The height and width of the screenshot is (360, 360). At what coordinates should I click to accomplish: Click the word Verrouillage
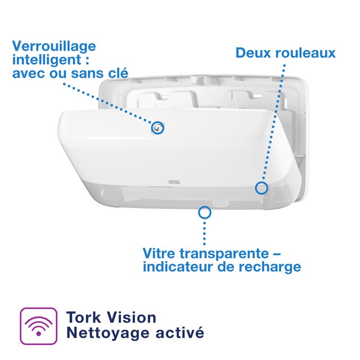tap(54, 46)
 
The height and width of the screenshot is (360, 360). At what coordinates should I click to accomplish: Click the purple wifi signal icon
tap(39, 326)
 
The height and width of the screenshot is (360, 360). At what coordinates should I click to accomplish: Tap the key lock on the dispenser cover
tap(158, 128)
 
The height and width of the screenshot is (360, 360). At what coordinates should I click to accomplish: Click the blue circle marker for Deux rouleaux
tap(262, 187)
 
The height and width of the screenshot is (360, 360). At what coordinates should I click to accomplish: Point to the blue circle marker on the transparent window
tap(205, 212)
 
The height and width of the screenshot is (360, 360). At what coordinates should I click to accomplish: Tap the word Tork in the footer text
tap(83, 317)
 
